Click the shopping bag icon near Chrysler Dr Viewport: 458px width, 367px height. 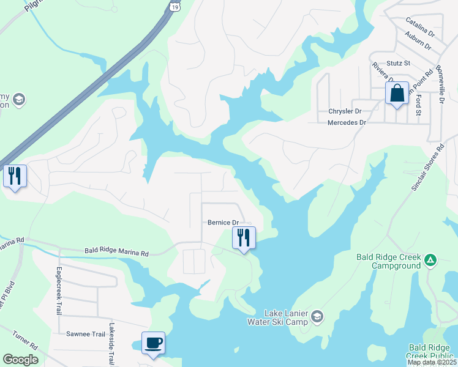click(397, 94)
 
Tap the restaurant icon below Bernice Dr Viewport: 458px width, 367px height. click(244, 238)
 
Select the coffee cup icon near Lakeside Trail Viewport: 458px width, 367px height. click(153, 343)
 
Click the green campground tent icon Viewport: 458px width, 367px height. click(430, 261)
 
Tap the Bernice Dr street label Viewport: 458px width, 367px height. click(222, 223)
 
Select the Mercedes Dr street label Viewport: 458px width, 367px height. click(347, 122)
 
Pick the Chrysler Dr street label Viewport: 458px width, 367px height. click(345, 111)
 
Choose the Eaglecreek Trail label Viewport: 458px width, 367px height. click(59, 291)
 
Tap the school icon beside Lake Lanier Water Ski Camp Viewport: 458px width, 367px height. click(317, 316)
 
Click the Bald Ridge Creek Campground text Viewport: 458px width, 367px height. click(389, 261)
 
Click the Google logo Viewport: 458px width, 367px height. click(20, 360)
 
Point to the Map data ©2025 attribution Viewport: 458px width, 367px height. click(432, 362)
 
